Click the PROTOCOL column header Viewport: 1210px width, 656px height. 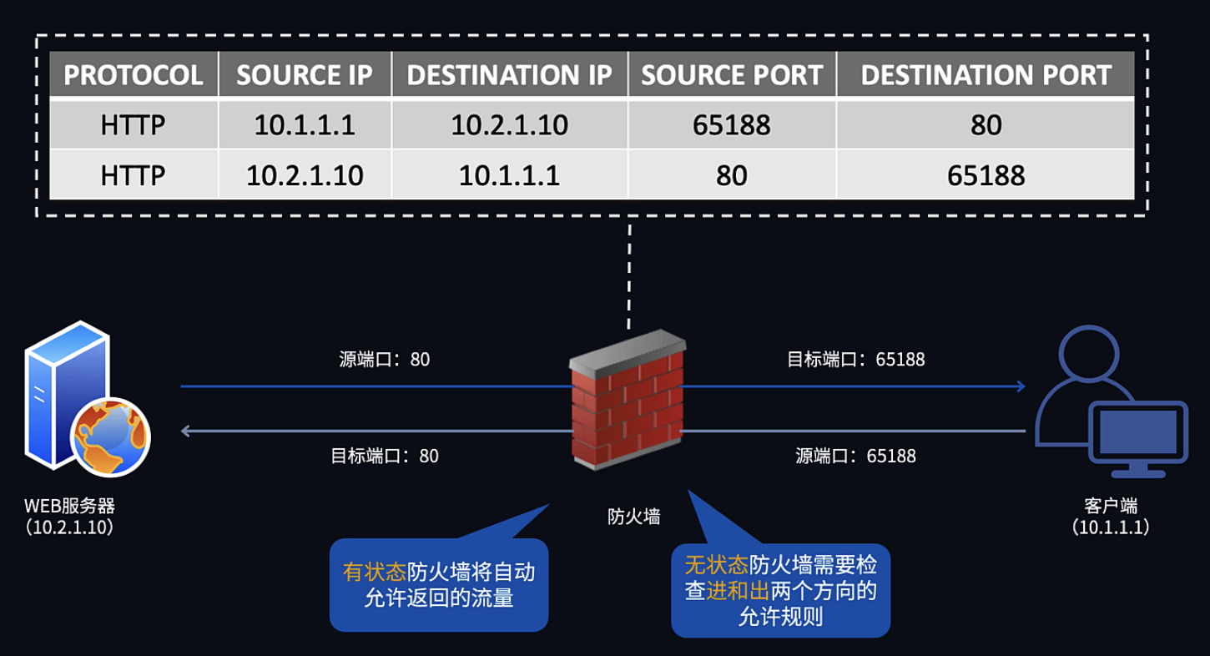tap(134, 74)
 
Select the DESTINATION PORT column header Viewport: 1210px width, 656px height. tap(986, 74)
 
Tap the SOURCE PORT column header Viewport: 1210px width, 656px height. tap(732, 74)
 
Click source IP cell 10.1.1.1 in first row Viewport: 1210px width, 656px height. tap(305, 125)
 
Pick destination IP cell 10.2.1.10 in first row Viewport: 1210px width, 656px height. tap(509, 125)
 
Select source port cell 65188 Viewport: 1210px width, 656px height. tap(732, 125)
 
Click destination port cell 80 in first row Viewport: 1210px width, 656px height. tap(986, 125)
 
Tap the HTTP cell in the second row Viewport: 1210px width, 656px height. tap(133, 175)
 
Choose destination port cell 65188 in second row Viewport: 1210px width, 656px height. tap(986, 175)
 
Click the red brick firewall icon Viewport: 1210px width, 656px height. tap(628, 400)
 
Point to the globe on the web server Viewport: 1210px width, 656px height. tap(111, 437)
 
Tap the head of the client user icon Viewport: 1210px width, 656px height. tap(1088, 354)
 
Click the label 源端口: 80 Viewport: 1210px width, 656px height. tap(384, 360)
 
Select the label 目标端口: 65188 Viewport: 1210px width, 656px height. tap(855, 360)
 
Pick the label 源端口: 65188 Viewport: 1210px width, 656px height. tap(855, 456)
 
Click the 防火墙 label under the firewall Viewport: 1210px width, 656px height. tap(633, 517)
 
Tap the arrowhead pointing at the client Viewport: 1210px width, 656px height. tap(1021, 386)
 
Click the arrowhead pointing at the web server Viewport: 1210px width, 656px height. tap(185, 431)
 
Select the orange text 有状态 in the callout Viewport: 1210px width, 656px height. tap(375, 572)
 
